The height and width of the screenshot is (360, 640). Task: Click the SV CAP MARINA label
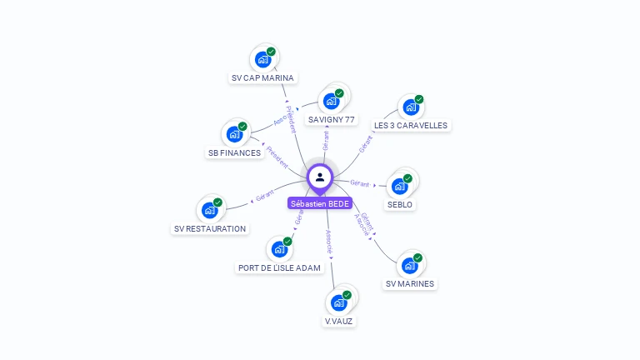click(x=262, y=78)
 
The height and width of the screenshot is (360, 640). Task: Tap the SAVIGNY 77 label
click(x=332, y=120)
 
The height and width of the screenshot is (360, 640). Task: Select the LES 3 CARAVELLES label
click(x=411, y=126)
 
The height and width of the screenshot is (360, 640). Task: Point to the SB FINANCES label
click(x=234, y=153)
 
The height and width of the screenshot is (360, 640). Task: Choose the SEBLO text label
click(x=400, y=204)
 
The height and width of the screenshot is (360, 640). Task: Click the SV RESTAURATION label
click(x=210, y=228)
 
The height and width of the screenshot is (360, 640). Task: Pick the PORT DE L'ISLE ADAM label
click(x=279, y=268)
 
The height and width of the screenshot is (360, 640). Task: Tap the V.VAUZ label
click(x=339, y=321)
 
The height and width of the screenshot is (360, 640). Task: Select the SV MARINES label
click(x=410, y=284)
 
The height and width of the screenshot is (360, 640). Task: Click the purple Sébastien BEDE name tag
click(x=320, y=203)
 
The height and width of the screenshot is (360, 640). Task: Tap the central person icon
click(x=320, y=177)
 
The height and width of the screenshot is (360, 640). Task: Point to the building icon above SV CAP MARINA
click(x=262, y=59)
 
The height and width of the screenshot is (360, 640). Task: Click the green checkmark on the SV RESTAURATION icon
click(x=217, y=202)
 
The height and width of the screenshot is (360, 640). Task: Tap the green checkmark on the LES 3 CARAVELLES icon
click(x=419, y=99)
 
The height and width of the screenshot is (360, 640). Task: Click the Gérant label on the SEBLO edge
click(x=360, y=182)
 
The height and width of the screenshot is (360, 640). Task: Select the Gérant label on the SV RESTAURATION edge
click(x=265, y=196)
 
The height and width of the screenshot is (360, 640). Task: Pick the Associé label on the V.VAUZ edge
click(x=329, y=242)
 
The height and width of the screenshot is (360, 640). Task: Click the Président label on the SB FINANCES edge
click(x=277, y=157)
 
